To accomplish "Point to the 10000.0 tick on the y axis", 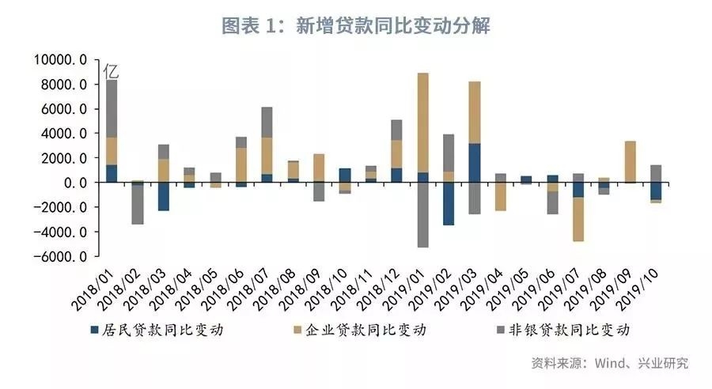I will click(x=60, y=60).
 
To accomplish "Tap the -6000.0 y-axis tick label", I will click(x=60, y=257).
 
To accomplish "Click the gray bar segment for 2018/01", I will click(x=112, y=108).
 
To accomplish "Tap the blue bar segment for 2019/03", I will click(x=475, y=163).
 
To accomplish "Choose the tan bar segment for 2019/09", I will click(x=630, y=161).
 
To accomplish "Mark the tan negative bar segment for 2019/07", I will click(x=578, y=219).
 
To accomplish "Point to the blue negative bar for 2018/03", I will click(x=164, y=197).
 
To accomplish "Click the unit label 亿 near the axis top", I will click(x=112, y=70).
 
